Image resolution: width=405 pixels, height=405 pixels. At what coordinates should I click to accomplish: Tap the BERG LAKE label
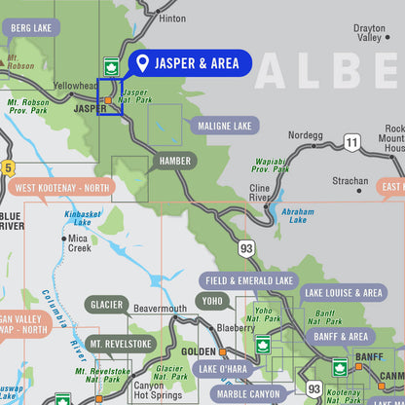pyautogui.click(x=30, y=28)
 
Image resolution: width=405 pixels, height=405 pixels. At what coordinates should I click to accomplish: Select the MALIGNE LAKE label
pyautogui.click(x=224, y=126)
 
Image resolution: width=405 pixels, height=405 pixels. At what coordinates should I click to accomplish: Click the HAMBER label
pyautogui.click(x=174, y=161)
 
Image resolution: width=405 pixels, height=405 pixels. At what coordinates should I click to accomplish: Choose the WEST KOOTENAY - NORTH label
pyautogui.click(x=60, y=187)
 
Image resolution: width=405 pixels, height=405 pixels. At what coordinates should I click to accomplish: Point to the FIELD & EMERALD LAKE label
pyautogui.click(x=249, y=280)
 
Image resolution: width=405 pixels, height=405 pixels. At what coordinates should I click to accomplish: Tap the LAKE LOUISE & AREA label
pyautogui.click(x=343, y=292)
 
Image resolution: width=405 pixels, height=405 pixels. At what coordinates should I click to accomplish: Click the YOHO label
pyautogui.click(x=213, y=302)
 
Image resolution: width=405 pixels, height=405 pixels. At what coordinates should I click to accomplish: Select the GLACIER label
pyautogui.click(x=107, y=305)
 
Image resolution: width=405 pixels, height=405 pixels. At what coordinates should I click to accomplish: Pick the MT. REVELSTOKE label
pyautogui.click(x=121, y=344)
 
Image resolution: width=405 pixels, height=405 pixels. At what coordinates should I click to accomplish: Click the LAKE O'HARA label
pyautogui.click(x=223, y=369)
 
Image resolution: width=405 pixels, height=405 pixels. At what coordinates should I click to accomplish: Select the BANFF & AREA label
pyautogui.click(x=340, y=337)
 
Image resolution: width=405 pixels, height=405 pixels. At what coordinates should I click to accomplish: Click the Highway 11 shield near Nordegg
pyautogui.click(x=350, y=143)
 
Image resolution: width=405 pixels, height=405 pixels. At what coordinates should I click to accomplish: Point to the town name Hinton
pyautogui.click(x=171, y=18)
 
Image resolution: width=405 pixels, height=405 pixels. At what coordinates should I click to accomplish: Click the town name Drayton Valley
pyautogui.click(x=369, y=33)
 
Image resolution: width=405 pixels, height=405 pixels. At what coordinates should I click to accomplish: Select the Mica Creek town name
pyautogui.click(x=80, y=242)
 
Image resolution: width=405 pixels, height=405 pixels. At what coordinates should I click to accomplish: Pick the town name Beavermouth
pyautogui.click(x=160, y=309)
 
